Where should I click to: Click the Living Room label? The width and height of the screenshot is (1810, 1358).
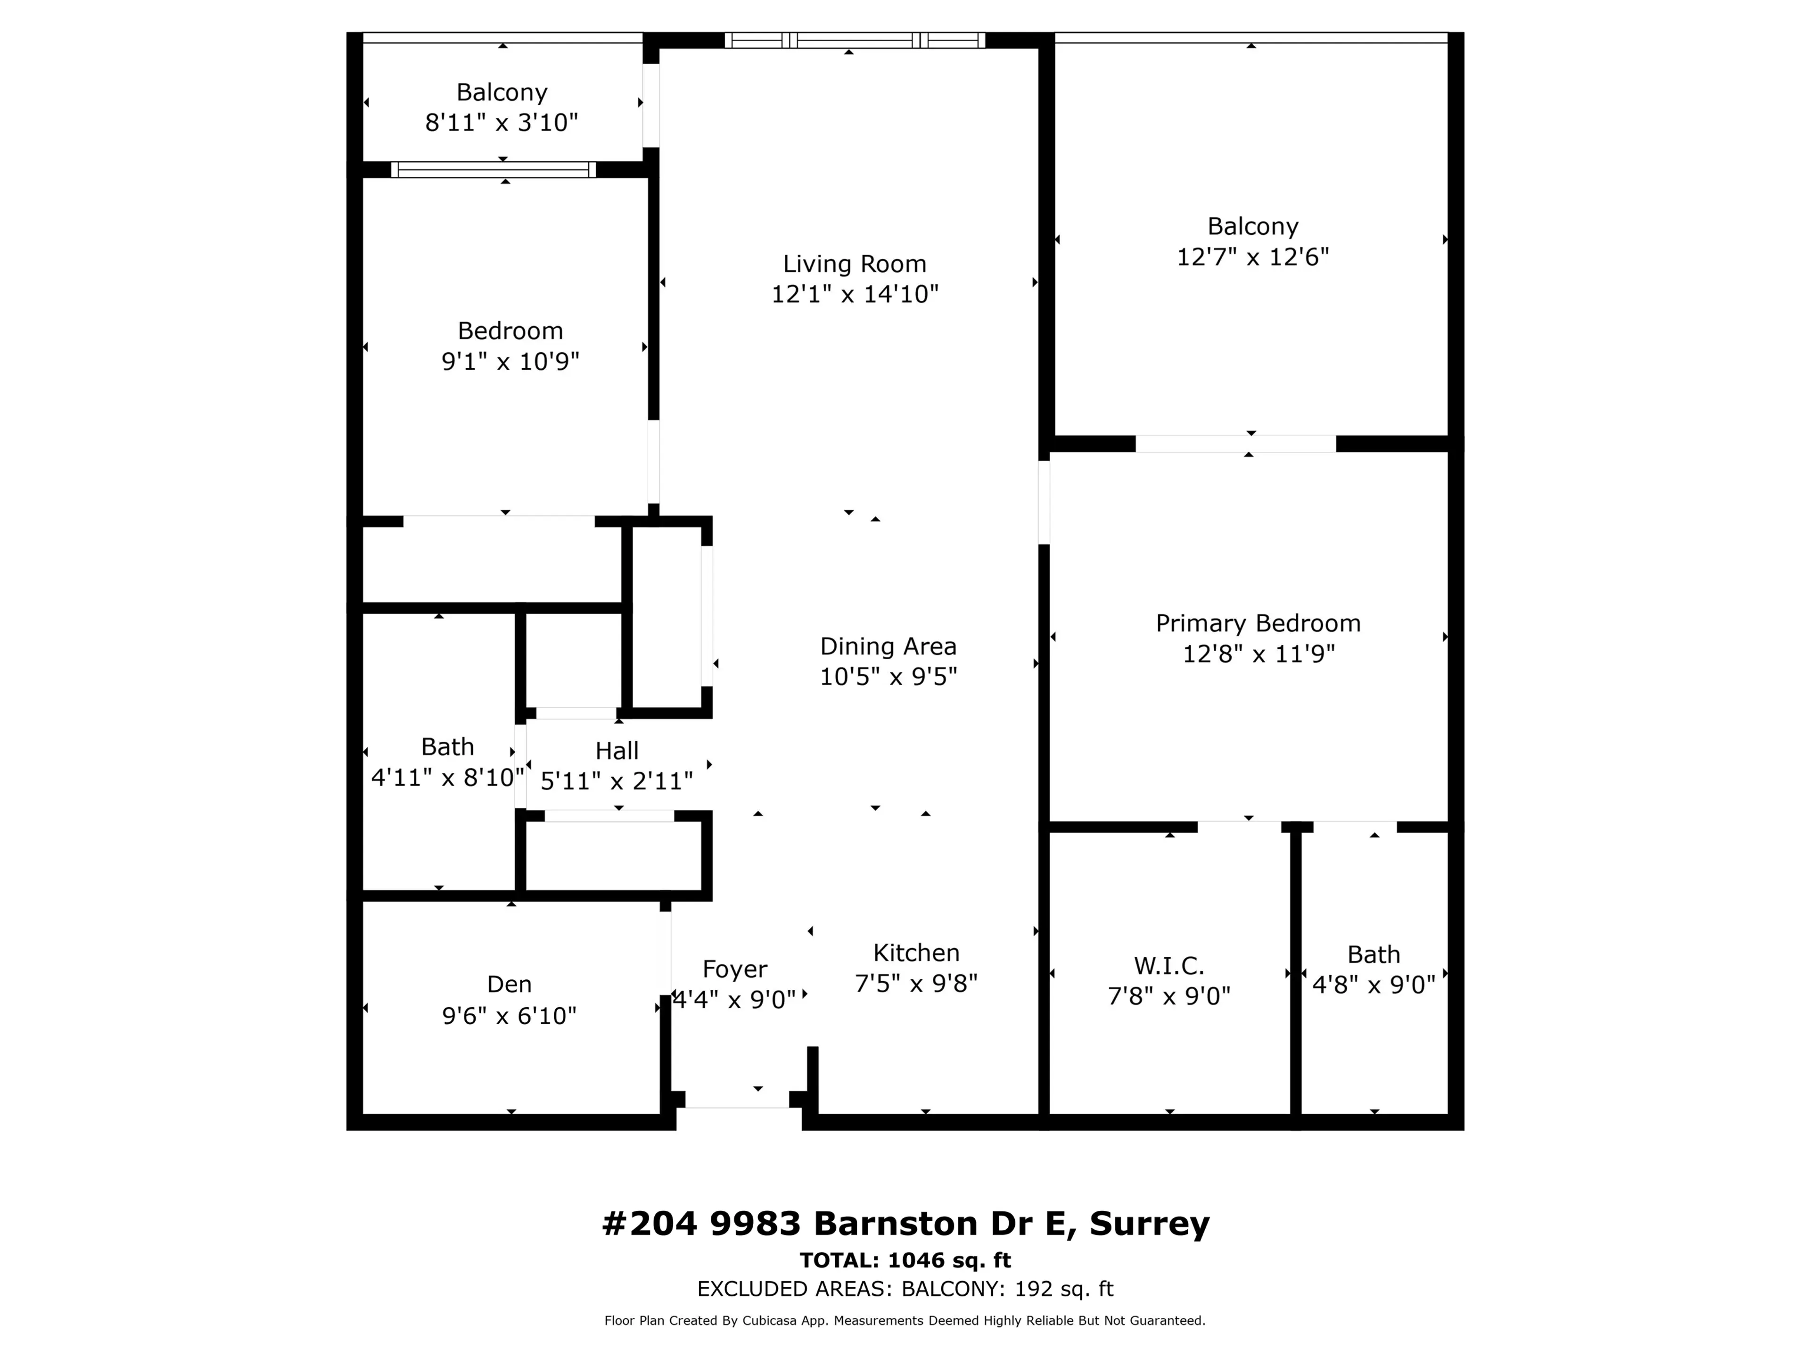tap(854, 264)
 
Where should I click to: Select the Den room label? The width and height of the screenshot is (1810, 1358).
tap(509, 984)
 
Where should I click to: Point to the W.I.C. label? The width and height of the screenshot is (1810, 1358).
tap(1168, 966)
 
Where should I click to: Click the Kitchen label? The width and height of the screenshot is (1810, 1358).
tap(916, 953)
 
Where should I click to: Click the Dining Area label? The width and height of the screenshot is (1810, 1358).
tap(888, 646)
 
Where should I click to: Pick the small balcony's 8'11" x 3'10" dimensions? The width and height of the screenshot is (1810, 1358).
tap(502, 123)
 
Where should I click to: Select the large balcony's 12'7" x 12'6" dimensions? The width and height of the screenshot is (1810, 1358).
tap(1252, 257)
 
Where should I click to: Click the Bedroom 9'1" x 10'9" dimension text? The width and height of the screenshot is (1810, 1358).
tap(510, 361)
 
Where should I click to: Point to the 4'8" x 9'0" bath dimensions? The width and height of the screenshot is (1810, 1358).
tap(1373, 984)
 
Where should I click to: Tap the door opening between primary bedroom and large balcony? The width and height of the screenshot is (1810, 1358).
tap(1235, 444)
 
